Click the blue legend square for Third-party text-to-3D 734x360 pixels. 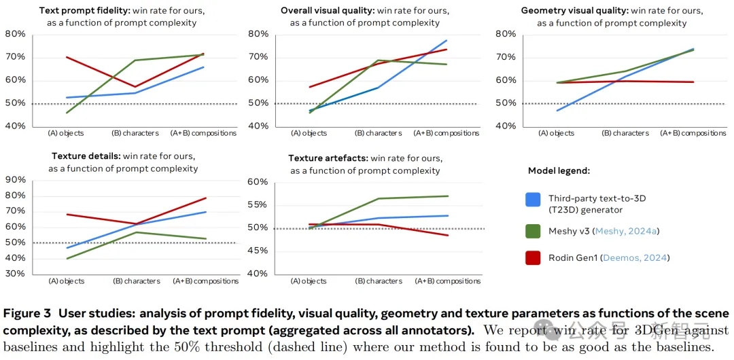pos(533,199)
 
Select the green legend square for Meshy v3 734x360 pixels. pos(533,231)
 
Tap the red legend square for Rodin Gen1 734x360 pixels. pos(533,257)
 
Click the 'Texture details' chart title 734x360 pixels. pos(86,156)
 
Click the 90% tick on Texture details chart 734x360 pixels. pos(15,180)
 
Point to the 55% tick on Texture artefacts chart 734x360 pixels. pos(258,204)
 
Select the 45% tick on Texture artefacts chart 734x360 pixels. pos(258,251)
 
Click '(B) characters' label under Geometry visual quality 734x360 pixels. pos(627,133)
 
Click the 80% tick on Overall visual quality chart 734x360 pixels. pos(258,34)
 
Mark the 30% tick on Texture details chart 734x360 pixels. pos(15,274)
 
